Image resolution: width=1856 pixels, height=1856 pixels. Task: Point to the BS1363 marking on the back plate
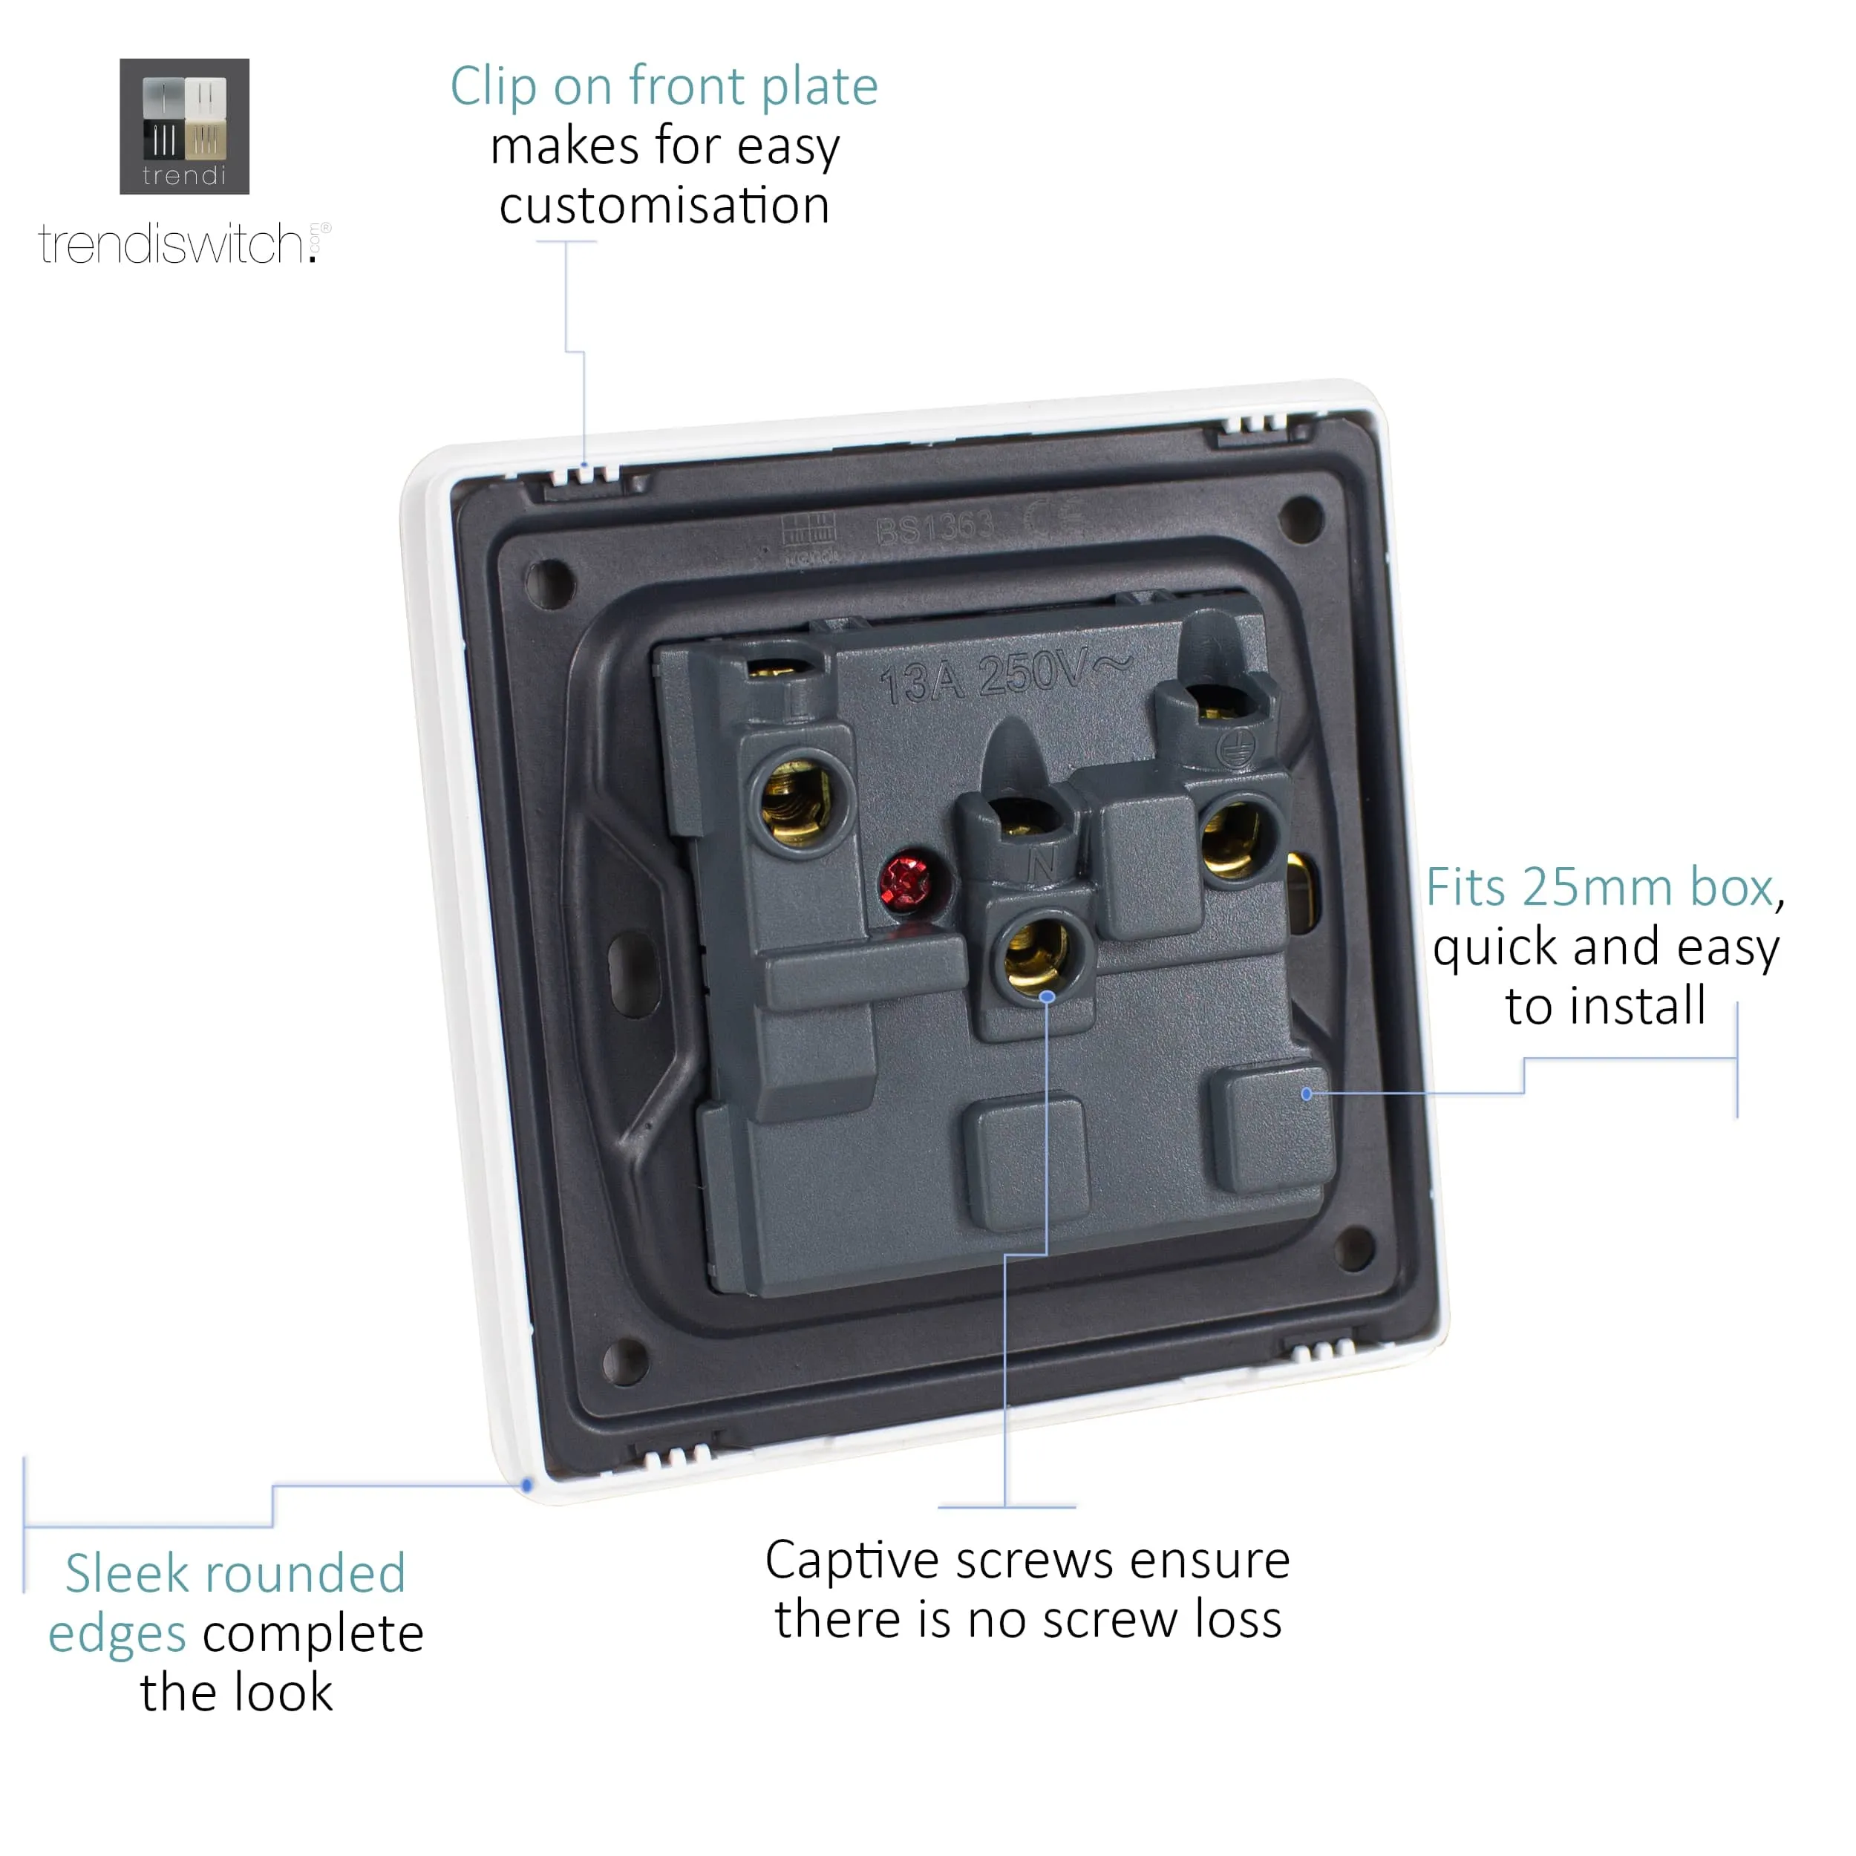point(934,526)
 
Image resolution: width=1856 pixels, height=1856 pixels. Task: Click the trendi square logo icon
point(184,126)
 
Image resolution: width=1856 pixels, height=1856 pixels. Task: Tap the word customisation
point(664,206)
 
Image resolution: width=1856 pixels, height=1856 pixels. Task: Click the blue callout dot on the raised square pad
point(1307,1094)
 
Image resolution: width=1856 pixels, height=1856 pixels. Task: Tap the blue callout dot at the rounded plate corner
point(526,1486)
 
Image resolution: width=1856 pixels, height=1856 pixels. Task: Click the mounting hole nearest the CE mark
point(1301,517)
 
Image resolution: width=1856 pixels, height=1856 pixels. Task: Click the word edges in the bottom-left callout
point(117,1634)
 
